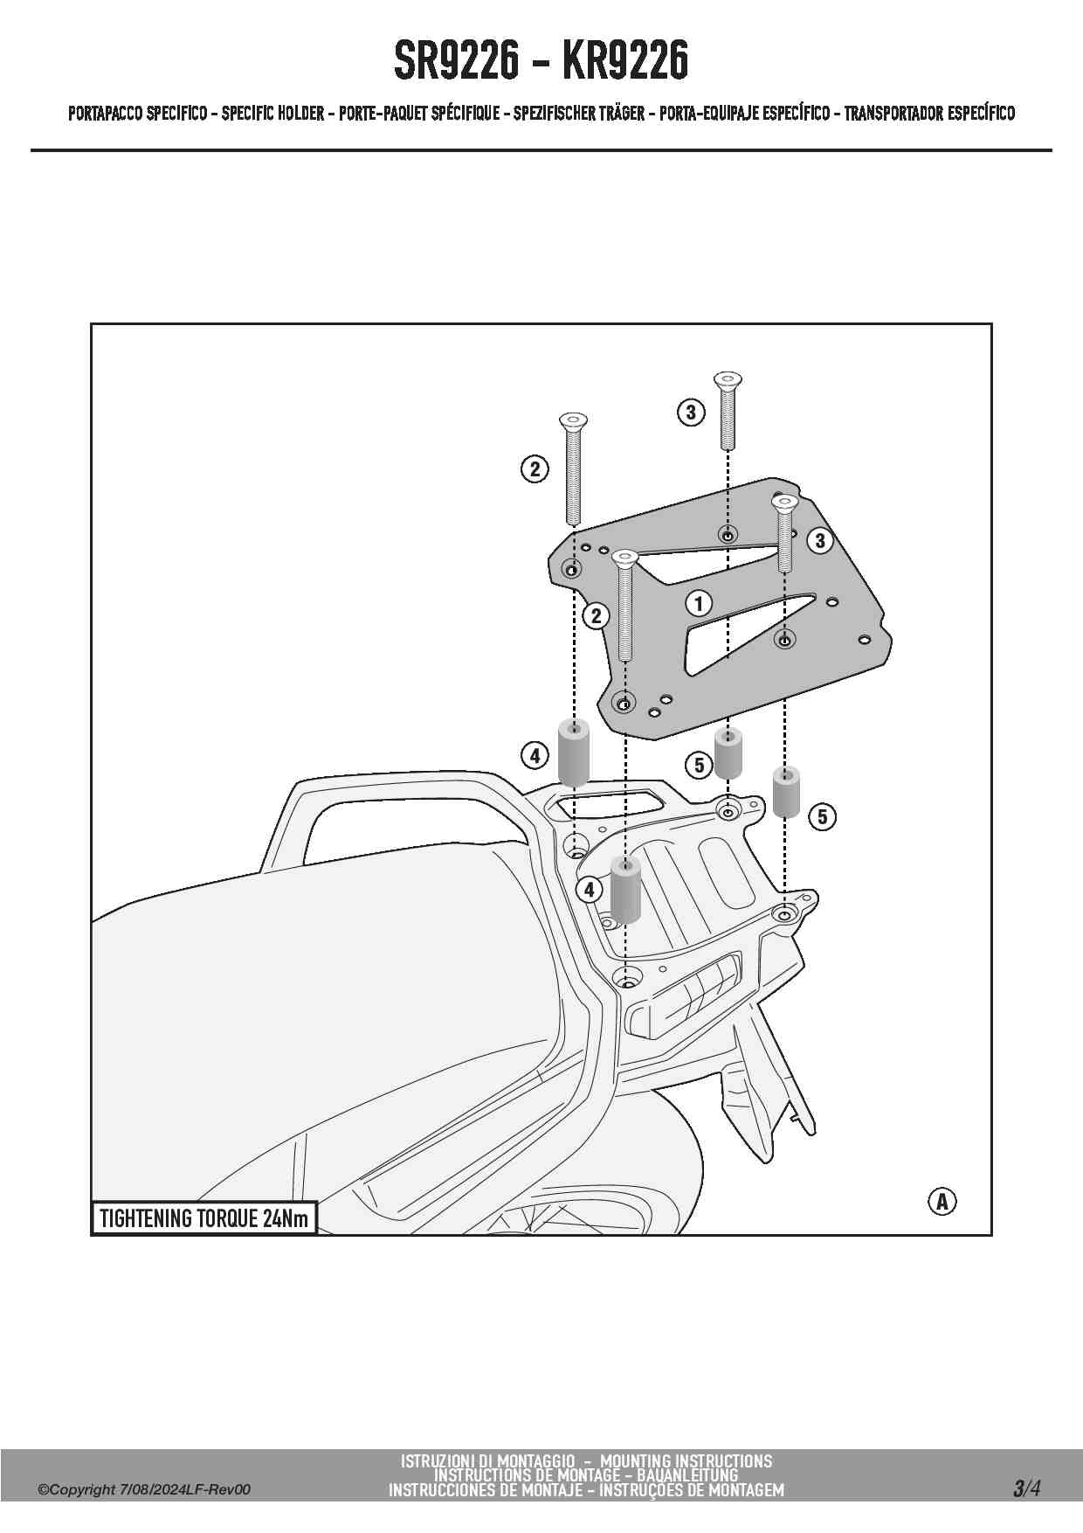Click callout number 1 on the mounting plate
pyautogui.click(x=698, y=603)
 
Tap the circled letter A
pyautogui.click(x=942, y=1201)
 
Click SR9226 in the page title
pyautogui.click(x=456, y=61)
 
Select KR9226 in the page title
pyautogui.click(x=625, y=61)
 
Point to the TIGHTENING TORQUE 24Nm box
pyautogui.click(x=203, y=1218)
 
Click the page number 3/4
pyautogui.click(x=1026, y=1488)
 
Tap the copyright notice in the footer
pyautogui.click(x=144, y=1489)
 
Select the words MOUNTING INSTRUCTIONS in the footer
pyautogui.click(x=686, y=1460)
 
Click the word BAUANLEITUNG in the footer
pyautogui.click(x=687, y=1475)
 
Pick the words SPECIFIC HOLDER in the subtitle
pyautogui.click(x=272, y=114)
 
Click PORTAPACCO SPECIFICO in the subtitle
pyautogui.click(x=138, y=114)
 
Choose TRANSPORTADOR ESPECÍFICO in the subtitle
pyautogui.click(x=929, y=114)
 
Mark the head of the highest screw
pyautogui.click(x=728, y=380)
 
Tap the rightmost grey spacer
pyautogui.click(x=787, y=792)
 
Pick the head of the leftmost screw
pyautogui.click(x=573, y=420)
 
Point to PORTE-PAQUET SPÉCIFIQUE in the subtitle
pyautogui.click(x=419, y=114)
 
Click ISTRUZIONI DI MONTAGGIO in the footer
pyautogui.click(x=487, y=1460)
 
